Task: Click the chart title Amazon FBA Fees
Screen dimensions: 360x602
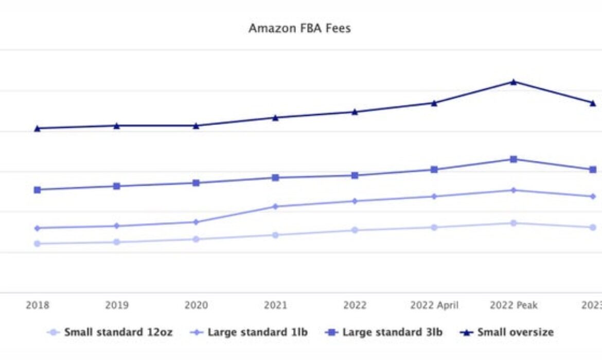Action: coord(299,28)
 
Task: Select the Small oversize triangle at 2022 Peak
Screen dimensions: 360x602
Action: coord(513,82)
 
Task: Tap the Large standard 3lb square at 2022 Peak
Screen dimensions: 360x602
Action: coord(513,159)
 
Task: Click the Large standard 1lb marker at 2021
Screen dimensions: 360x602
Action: coord(275,207)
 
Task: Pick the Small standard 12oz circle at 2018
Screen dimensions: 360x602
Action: coord(37,244)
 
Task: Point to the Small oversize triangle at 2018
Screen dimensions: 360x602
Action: coord(37,128)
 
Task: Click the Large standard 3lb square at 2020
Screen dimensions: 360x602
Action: coord(196,183)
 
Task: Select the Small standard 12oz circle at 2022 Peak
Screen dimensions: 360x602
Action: coord(513,223)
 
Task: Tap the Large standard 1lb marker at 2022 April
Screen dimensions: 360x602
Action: coord(434,196)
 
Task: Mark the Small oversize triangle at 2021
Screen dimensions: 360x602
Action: coord(275,118)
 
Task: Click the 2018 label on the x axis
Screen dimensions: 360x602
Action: coord(37,305)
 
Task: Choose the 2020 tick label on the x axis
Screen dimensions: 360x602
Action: coord(196,305)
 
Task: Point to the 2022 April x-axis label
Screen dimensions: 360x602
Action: coord(434,305)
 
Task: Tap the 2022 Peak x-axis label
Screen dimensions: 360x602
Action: coord(513,305)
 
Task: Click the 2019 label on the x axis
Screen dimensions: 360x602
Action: coord(117,305)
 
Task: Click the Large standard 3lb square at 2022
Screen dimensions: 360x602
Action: coord(355,175)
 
